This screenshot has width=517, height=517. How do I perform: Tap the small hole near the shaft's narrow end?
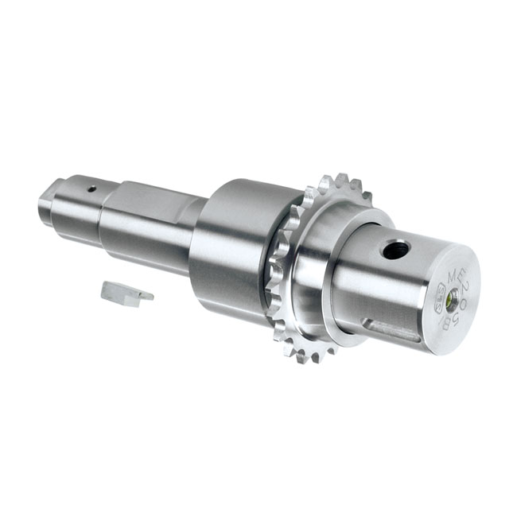(91, 189)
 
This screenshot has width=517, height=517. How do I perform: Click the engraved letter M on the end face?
(455, 275)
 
